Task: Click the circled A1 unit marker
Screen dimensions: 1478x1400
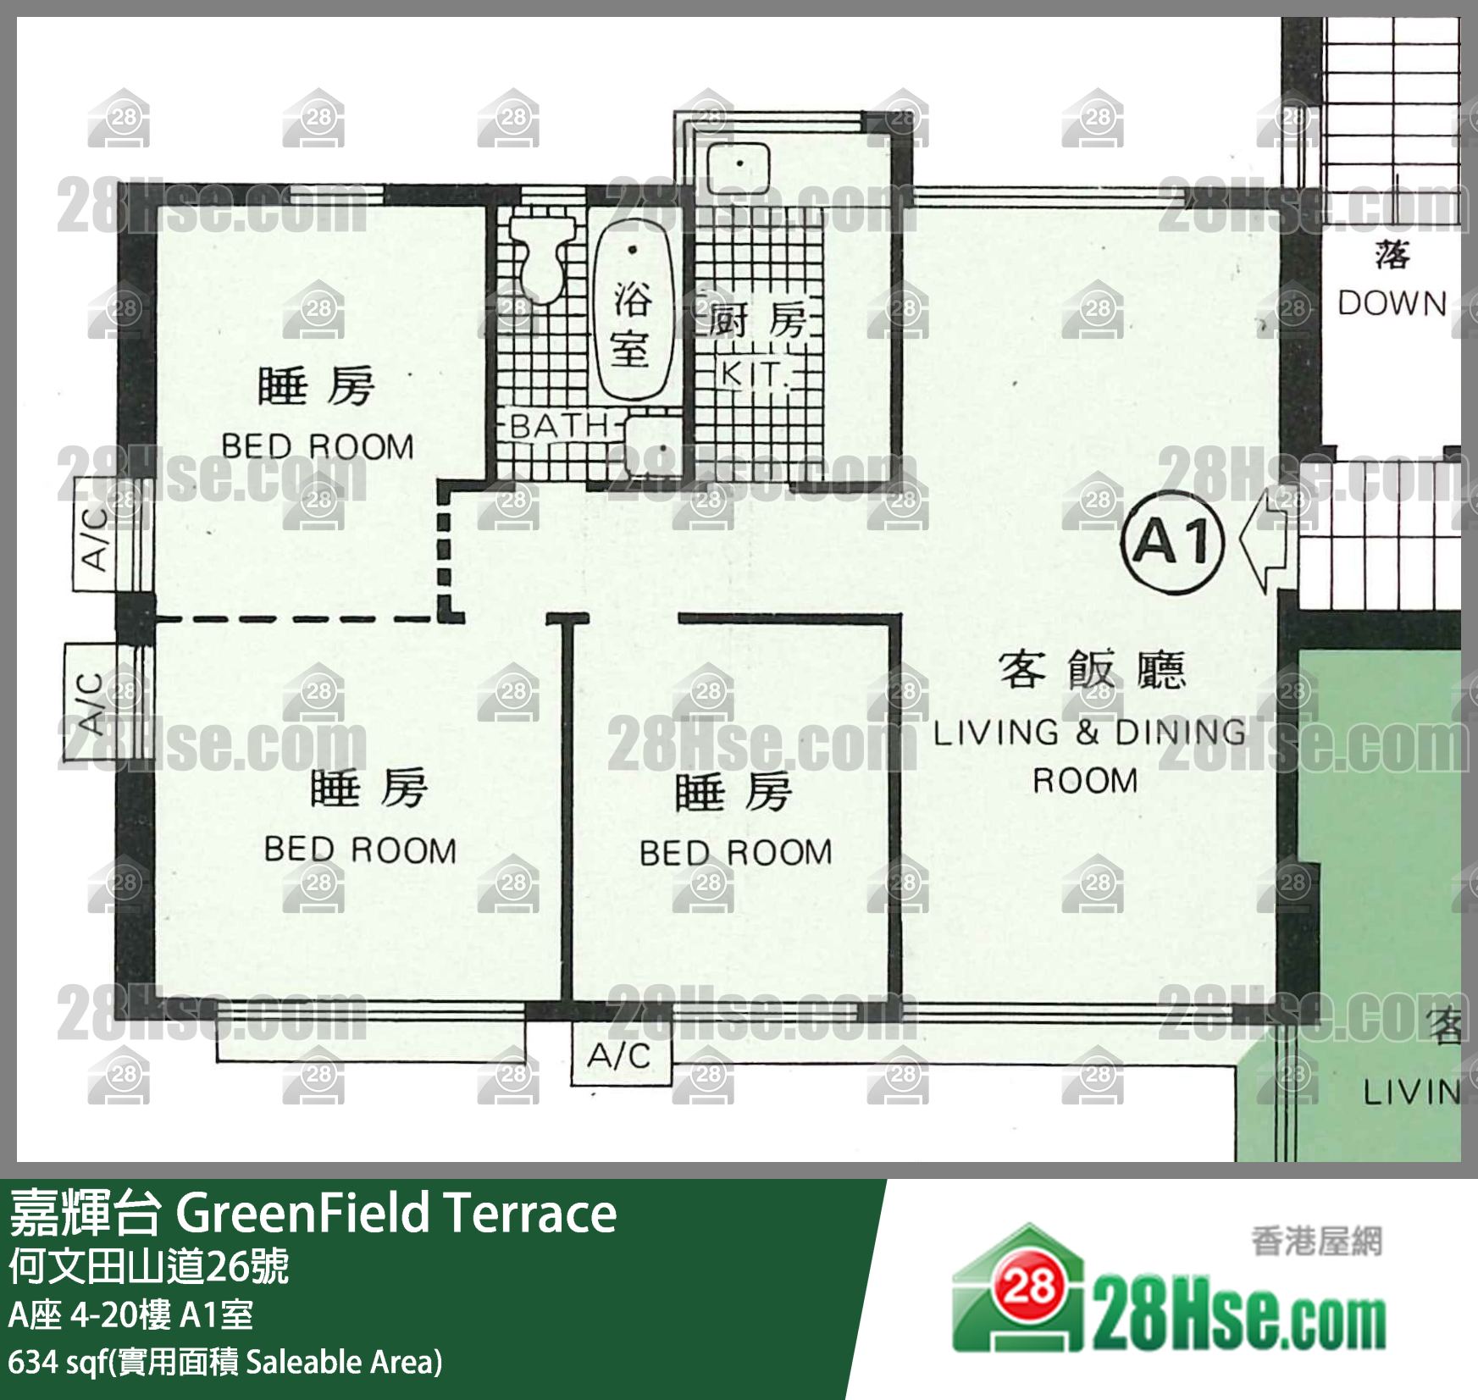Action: (x=1172, y=541)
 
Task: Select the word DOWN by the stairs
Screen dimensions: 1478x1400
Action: (x=1392, y=303)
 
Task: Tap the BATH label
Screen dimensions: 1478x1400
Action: (x=560, y=425)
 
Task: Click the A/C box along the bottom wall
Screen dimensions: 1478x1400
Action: (x=621, y=1054)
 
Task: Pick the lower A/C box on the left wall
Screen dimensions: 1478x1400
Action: (x=90, y=702)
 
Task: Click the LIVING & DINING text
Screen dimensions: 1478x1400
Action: (x=1089, y=733)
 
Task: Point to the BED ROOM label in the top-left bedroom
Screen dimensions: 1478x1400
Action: (x=318, y=446)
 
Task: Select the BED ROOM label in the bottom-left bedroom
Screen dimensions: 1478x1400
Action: (x=361, y=849)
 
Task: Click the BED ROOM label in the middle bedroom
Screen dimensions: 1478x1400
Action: (x=736, y=853)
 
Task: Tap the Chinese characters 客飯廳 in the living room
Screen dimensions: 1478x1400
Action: (x=1093, y=669)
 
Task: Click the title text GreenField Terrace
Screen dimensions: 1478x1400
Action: (x=396, y=1213)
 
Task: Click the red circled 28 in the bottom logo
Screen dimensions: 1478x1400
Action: (x=1030, y=1286)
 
